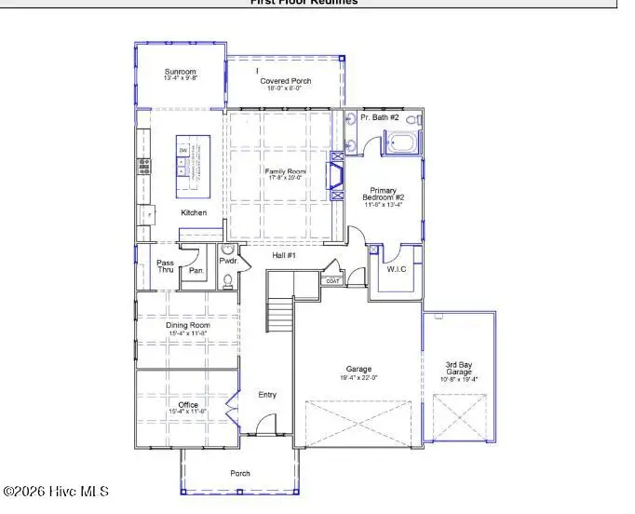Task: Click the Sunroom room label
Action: coord(181,72)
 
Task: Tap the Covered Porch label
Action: coord(286,81)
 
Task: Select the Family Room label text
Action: coord(285,172)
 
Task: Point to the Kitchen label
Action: coord(194,213)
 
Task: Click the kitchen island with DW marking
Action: coord(193,166)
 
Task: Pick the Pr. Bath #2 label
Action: coord(380,117)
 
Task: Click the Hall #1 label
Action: coord(284,255)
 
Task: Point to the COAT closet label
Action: coord(332,280)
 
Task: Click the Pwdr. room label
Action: coord(229,262)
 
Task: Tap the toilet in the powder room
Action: coord(229,277)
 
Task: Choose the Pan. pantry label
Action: coord(196,271)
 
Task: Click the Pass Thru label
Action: coord(165,266)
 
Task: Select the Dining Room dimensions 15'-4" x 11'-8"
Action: coord(188,332)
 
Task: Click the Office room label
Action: coord(188,404)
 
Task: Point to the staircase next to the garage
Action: coord(280,308)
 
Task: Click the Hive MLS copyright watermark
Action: coord(57,492)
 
